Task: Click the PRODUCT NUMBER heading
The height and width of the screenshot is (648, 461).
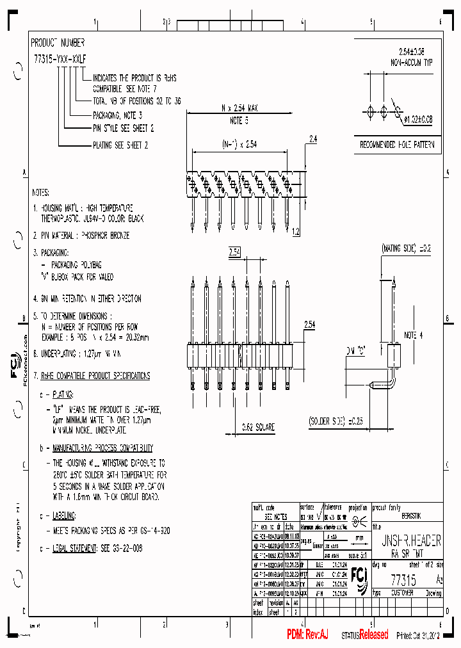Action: (x=58, y=43)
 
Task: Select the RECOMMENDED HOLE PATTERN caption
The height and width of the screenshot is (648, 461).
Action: (x=398, y=145)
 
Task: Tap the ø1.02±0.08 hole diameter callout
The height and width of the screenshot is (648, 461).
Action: (x=418, y=119)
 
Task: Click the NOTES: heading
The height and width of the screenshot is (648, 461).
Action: (x=44, y=192)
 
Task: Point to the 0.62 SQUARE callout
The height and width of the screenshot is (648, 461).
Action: (x=242, y=426)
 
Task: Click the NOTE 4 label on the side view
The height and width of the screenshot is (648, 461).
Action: (x=414, y=335)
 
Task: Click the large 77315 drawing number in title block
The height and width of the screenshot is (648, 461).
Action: (x=403, y=580)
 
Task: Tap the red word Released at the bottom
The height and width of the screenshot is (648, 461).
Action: (x=373, y=635)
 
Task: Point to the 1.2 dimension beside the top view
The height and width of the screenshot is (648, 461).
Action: (x=295, y=231)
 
